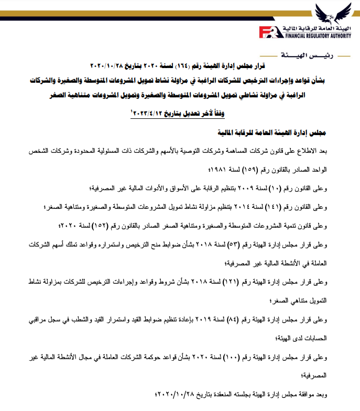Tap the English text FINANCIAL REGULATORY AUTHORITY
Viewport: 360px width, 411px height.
tap(321, 37)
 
